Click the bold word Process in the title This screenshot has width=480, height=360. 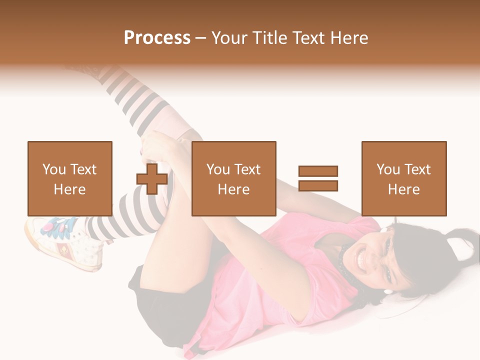coord(157,38)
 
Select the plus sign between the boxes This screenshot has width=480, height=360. coord(152,179)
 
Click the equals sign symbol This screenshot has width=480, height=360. coord(318,178)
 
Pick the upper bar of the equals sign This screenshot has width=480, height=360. coord(318,171)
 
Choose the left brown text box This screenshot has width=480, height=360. coord(69,178)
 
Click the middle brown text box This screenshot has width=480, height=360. coord(233,178)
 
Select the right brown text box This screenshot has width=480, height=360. coord(403,178)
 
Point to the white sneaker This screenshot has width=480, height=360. coord(65,245)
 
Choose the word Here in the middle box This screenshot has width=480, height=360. coord(233,189)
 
